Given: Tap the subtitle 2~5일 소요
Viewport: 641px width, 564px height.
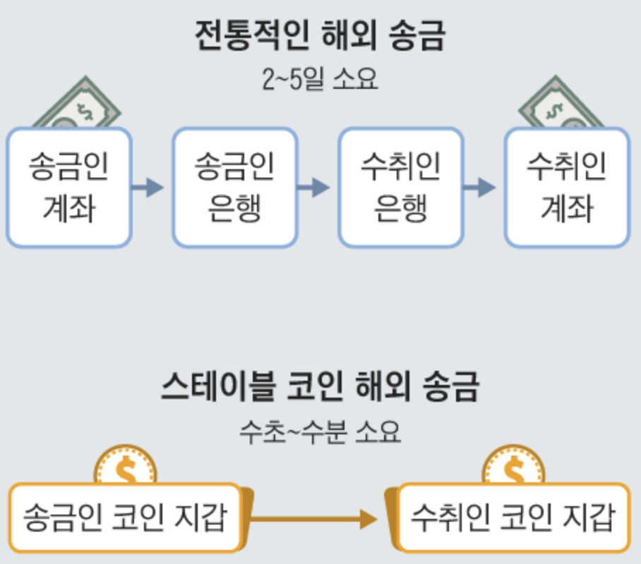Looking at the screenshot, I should point(320,79).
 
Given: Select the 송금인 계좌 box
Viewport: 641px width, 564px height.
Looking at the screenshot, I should point(69,188).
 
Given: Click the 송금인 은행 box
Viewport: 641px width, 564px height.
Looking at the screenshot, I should point(235,188).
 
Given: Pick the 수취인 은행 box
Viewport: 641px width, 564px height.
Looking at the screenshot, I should point(400,188).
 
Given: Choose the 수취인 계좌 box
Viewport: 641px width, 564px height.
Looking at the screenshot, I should point(566,188).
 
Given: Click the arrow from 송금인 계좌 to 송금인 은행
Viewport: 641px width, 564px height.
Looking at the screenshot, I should point(149,188).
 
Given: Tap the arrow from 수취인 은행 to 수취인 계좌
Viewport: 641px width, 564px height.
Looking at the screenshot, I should point(480,188).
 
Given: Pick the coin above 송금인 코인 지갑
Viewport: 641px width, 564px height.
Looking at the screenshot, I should point(126,465).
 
